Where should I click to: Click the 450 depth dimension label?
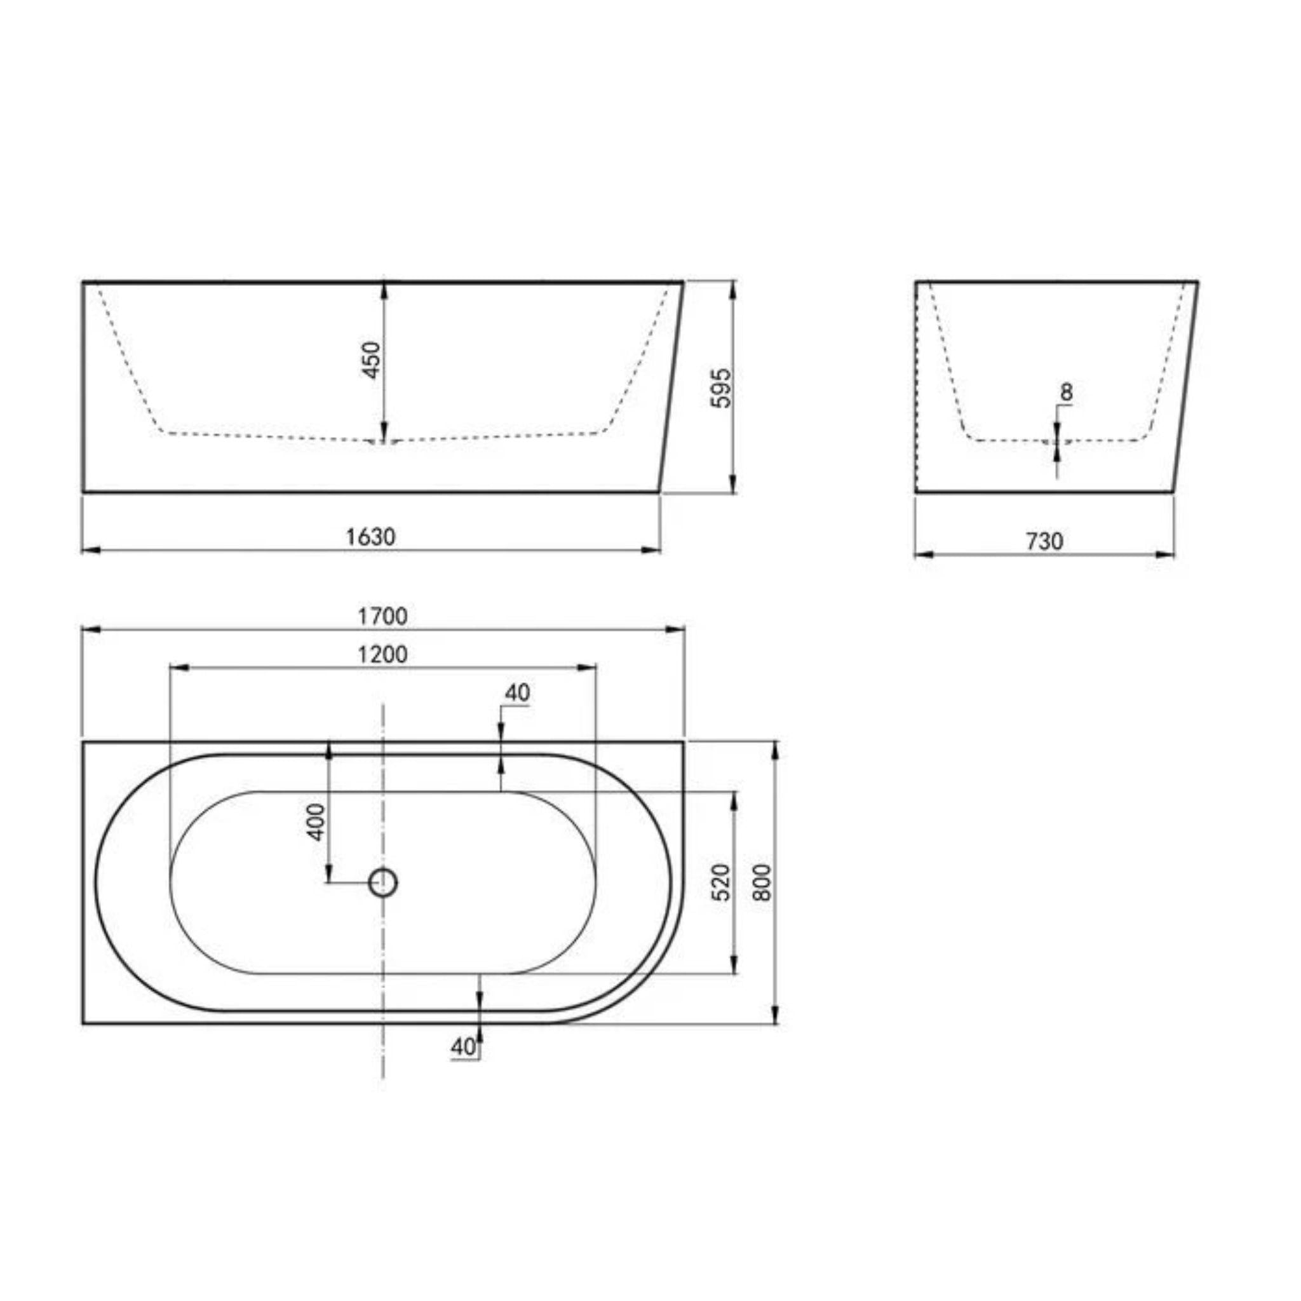[x=372, y=360]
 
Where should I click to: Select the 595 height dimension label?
[x=720, y=388]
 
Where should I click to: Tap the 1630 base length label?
[x=370, y=537]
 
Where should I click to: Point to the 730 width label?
[x=1044, y=541]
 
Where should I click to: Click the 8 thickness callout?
[x=1066, y=391]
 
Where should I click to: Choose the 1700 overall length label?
[x=382, y=616]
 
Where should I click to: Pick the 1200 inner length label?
[x=382, y=654]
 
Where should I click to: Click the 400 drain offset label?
[x=316, y=822]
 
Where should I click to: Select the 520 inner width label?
[x=720, y=882]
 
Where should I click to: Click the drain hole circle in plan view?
[x=383, y=882]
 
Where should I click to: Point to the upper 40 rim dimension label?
[x=517, y=692]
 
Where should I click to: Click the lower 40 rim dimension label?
[x=463, y=1047]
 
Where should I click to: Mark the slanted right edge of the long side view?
[x=672, y=388]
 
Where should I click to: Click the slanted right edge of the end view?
[x=1186, y=388]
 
